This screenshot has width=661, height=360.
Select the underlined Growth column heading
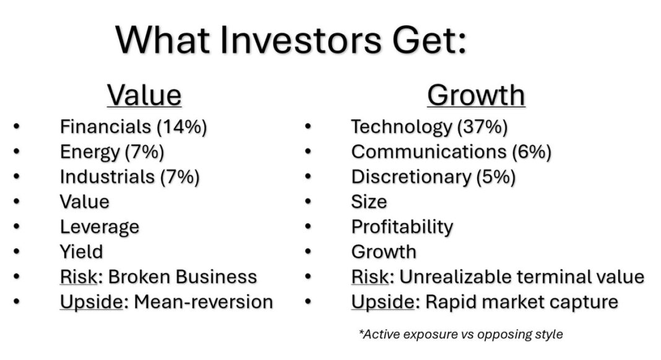[476, 96]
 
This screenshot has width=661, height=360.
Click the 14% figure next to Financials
[182, 127]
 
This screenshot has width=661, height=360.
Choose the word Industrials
[107, 177]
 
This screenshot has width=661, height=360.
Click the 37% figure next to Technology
[482, 127]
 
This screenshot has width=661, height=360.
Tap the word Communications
[429, 152]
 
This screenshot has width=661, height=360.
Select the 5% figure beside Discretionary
[496, 177]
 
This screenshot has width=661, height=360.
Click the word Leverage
[100, 227]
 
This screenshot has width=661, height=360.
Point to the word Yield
[81, 252]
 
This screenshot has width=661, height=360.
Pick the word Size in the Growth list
[369, 202]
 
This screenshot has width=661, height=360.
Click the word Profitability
[402, 227]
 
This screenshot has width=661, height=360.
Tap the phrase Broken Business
[183, 277]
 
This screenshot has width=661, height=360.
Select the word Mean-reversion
[204, 302]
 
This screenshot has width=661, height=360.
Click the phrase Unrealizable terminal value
[522, 277]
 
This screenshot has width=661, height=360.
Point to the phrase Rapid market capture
[522, 302]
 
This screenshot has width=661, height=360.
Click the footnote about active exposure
[460, 334]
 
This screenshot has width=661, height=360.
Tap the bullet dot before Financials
[17, 126]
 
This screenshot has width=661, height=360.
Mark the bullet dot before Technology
[308, 126]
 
